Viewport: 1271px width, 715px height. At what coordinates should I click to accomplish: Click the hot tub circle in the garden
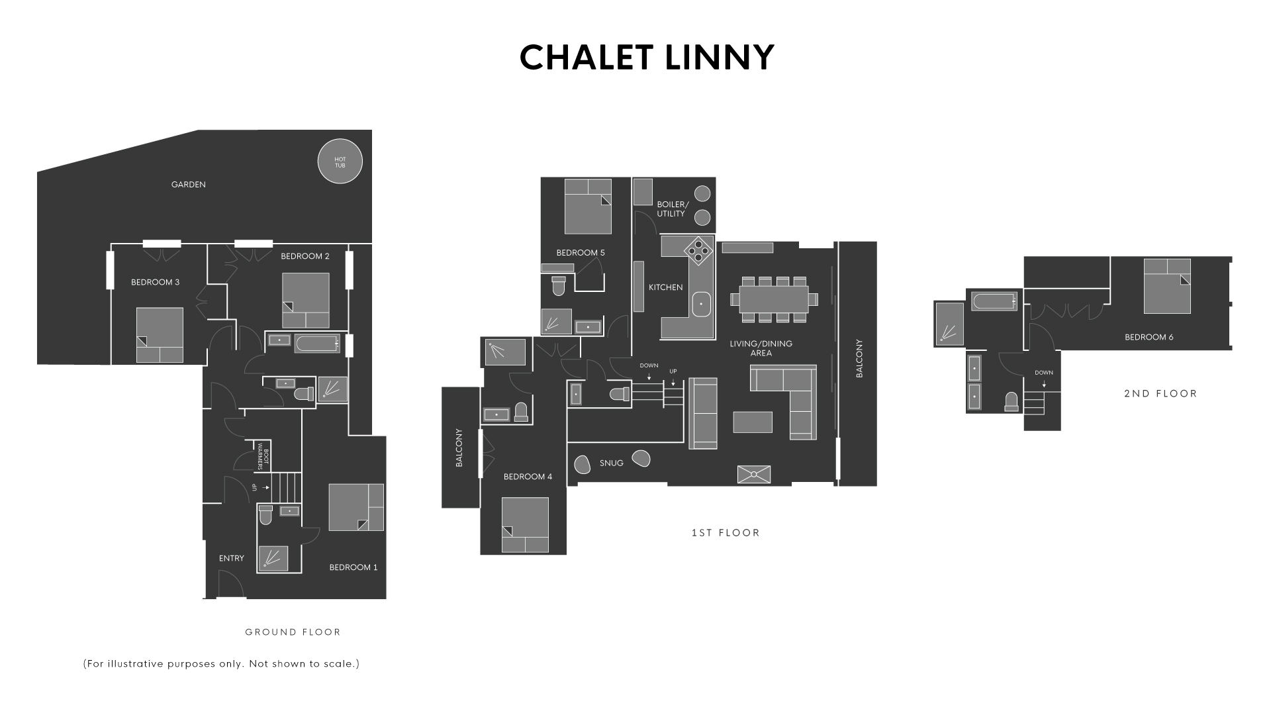tap(340, 161)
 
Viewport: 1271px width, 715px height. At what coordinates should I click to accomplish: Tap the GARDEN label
tap(188, 185)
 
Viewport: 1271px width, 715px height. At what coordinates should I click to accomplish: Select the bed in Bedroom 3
tap(160, 334)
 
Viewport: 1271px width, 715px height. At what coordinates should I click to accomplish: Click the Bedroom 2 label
tap(305, 256)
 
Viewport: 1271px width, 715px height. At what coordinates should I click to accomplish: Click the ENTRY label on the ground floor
tap(231, 558)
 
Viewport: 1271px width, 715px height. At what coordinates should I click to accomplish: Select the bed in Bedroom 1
tap(355, 507)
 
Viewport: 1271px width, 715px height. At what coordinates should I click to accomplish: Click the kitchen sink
tap(701, 304)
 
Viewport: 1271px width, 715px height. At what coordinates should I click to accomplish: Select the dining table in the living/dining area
tap(774, 299)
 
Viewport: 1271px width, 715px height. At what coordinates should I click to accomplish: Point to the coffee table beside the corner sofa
tap(753, 422)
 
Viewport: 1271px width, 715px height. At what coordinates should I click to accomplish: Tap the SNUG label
tap(611, 463)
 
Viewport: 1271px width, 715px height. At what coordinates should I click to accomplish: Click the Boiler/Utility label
tap(672, 209)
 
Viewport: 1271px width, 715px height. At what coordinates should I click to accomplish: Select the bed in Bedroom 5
tap(587, 206)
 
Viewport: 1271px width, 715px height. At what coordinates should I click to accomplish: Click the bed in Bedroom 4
tap(524, 524)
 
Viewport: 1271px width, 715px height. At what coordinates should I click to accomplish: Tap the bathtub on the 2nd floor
tap(994, 302)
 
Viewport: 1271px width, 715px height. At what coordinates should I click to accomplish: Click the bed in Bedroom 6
tap(1166, 286)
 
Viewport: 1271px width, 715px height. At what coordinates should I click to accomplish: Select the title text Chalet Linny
tap(647, 58)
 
